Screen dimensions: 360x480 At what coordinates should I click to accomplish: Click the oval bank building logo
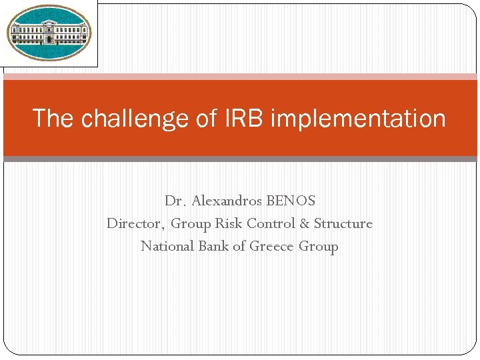click(x=49, y=33)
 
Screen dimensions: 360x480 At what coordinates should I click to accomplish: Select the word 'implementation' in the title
click(x=358, y=119)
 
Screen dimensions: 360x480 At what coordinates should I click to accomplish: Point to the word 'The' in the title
click(x=54, y=119)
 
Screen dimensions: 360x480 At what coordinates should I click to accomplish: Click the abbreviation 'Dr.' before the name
click(x=175, y=201)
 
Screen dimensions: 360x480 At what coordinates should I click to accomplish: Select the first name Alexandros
click(x=227, y=201)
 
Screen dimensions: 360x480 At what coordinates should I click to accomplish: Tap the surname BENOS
click(x=291, y=201)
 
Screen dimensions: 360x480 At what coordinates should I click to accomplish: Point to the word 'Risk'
click(x=228, y=223)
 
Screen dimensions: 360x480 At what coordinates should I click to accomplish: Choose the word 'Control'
click(x=271, y=223)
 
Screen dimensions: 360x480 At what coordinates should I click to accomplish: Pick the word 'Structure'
click(x=343, y=223)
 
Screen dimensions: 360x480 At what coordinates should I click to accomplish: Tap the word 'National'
click(x=167, y=246)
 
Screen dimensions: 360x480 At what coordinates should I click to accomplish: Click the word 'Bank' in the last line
click(x=213, y=246)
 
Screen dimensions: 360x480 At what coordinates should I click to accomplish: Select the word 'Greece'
click(x=272, y=246)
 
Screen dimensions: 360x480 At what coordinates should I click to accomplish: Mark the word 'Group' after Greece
click(x=319, y=247)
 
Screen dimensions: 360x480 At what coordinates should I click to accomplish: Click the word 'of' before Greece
click(x=239, y=246)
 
